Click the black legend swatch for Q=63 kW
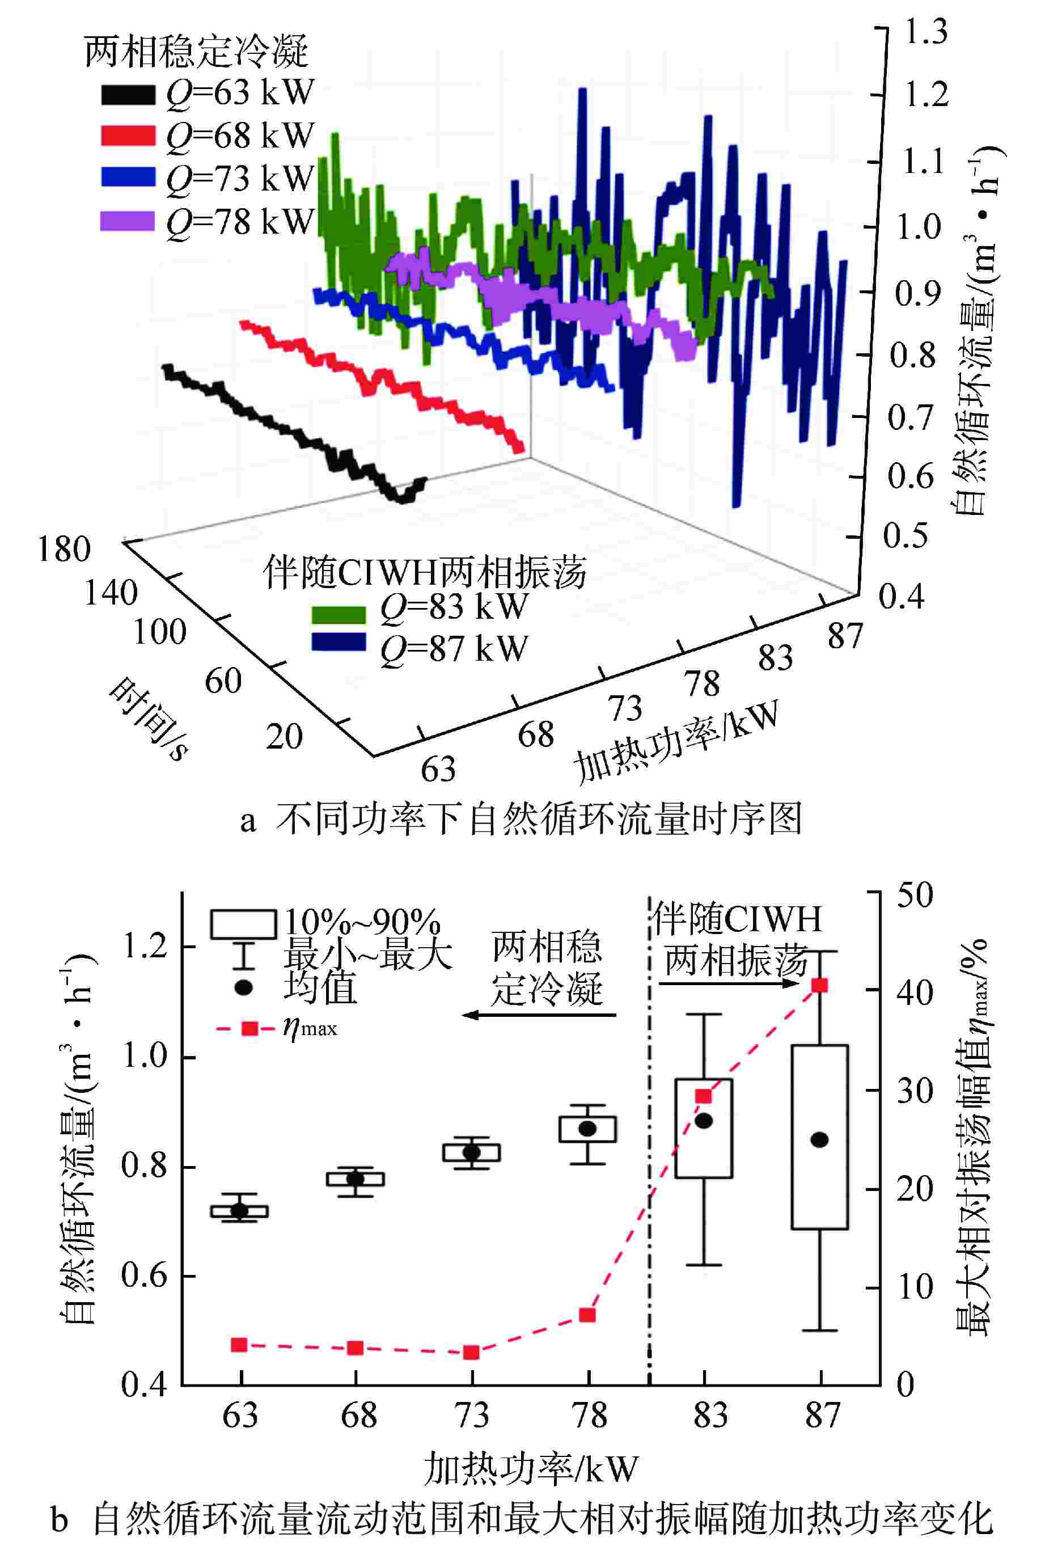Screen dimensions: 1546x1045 click(x=128, y=95)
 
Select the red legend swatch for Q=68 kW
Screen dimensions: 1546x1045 click(x=128, y=136)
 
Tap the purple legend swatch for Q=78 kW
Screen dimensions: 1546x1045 click(x=127, y=221)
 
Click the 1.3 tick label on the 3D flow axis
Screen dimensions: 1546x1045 click(x=926, y=32)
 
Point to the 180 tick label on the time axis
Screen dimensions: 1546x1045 click(x=64, y=550)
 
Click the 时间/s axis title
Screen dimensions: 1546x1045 click(x=147, y=719)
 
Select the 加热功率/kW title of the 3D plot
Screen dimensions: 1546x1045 click(x=675, y=741)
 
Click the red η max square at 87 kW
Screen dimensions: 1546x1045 click(x=820, y=985)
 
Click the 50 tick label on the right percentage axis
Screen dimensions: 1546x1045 click(x=915, y=896)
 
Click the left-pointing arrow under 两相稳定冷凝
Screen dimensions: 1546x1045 click(x=539, y=1015)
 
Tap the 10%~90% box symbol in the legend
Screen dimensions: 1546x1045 click(x=243, y=924)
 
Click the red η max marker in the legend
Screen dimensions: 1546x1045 click(x=249, y=1029)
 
